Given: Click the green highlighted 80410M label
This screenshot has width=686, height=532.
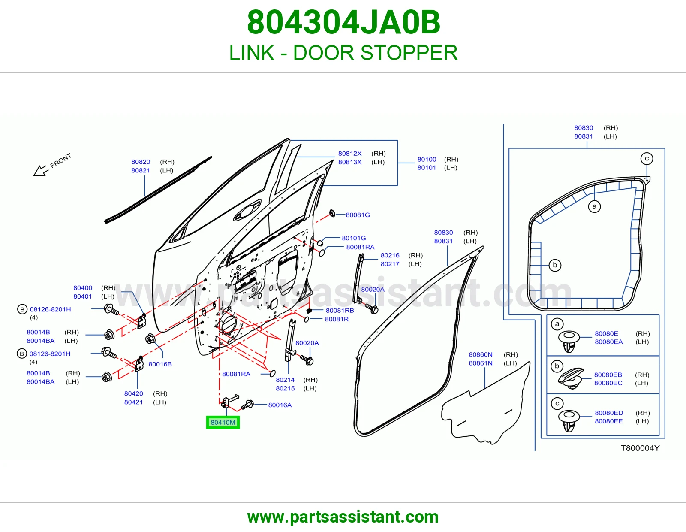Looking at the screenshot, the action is coord(223,422).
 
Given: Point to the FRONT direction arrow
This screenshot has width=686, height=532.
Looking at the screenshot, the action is coord(41,171).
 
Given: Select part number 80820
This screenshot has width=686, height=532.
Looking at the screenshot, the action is coord(141,162).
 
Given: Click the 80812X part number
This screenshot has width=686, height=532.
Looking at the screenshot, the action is coord(350,154).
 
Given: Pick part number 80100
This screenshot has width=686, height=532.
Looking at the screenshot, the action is coord(427,159).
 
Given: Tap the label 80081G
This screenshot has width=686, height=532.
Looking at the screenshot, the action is coord(358,215).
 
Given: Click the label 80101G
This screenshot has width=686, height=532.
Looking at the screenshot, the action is coord(354,238).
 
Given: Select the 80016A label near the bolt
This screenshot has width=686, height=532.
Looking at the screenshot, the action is coord(280,405).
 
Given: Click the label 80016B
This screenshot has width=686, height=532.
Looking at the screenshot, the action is coord(160,364).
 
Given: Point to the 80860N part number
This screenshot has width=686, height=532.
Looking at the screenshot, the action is coord(481,354).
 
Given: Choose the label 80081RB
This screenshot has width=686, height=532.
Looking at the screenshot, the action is coord(340,310).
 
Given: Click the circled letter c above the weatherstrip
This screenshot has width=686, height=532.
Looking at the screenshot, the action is coord(647,159).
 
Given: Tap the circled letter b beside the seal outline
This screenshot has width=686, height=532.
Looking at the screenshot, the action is coord(555,265).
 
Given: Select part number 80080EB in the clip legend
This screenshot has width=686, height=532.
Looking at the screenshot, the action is coord(608,375).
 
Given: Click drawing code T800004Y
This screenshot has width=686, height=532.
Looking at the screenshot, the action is coord(640,448).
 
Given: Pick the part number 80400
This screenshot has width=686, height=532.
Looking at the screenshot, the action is coord(83,288).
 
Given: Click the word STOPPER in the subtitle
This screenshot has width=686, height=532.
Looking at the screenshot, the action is coord(409,53).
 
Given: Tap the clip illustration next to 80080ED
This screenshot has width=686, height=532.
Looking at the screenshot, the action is coord(569,420).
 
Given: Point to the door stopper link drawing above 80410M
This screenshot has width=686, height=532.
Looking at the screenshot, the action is coord(231,401).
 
